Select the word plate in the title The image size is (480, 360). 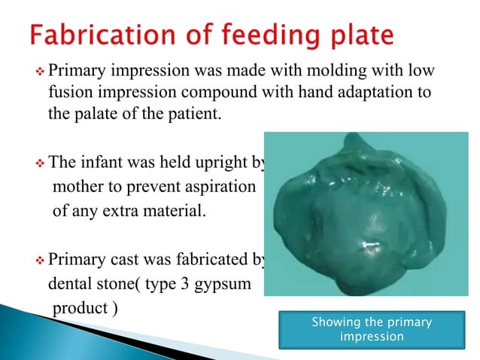357,35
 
